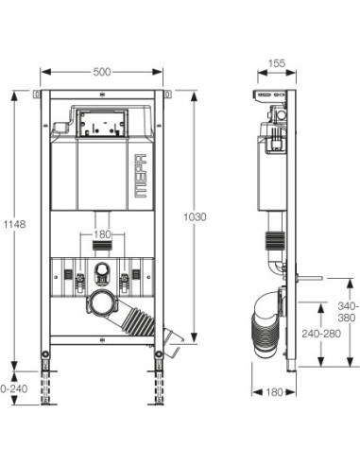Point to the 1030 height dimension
tap(196, 216)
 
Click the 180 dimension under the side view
tap(275, 392)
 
